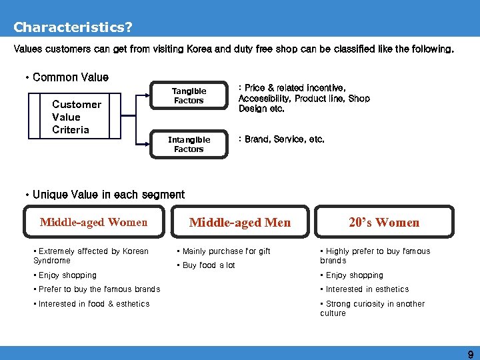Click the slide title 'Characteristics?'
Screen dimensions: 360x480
coord(73,27)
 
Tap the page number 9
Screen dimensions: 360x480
coord(470,355)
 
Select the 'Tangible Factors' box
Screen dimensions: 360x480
coord(189,95)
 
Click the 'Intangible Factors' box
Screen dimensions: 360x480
coord(189,144)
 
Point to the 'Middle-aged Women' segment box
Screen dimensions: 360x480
coord(93,222)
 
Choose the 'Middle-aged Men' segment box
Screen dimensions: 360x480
coord(240,222)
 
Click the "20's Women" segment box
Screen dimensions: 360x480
coord(384,222)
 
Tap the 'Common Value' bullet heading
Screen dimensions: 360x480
coord(70,77)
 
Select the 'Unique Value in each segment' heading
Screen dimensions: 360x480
coord(108,195)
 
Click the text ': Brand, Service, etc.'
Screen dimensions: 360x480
coord(281,139)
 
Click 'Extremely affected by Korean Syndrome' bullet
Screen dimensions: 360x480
coord(91,255)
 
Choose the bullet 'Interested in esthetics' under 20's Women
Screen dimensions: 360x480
coord(367,289)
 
